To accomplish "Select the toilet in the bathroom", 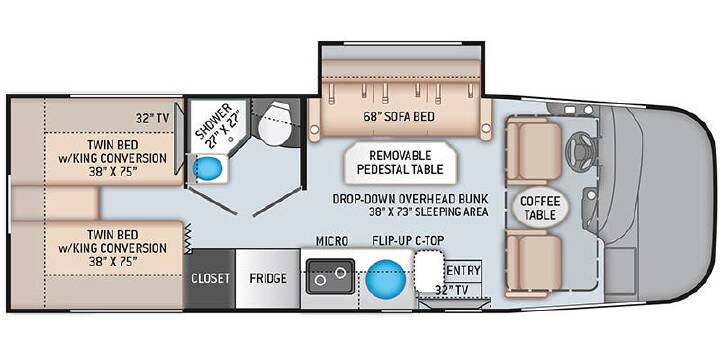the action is [274, 124].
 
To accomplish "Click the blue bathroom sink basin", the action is [208, 169].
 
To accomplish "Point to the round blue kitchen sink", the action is [386, 278].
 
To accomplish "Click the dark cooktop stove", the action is [330, 276].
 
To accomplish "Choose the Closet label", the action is [210, 278].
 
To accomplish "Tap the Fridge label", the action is [268, 278].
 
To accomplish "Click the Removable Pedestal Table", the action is [400, 162].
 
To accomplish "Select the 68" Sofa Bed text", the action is [398, 117].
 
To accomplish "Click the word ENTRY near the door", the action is [463, 270].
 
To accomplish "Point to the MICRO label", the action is [332, 241].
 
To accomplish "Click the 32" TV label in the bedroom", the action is [152, 118].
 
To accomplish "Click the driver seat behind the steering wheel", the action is [534, 150].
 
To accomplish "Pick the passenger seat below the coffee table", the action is [534, 264].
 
